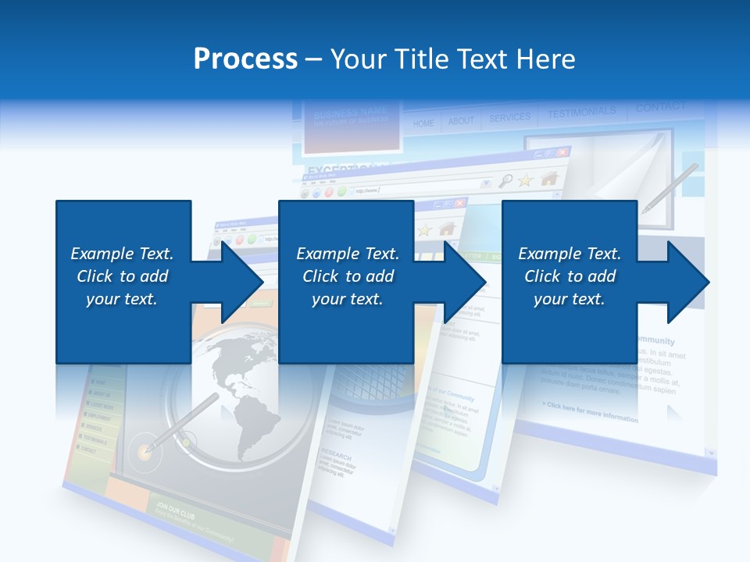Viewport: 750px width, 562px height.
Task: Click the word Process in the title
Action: [x=245, y=59]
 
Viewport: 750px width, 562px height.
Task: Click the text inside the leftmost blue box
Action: [x=123, y=276]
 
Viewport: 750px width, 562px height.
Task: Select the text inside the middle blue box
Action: [x=348, y=276]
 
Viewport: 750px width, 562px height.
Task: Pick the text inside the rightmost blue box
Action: [x=570, y=276]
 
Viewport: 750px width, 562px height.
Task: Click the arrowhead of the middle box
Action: [x=466, y=282]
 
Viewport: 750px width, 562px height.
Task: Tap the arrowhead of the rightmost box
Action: [x=690, y=282]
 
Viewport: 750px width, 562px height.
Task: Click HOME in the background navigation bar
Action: [x=423, y=123]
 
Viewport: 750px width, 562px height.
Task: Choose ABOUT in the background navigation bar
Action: [x=461, y=121]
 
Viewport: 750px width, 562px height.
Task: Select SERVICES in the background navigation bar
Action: [x=509, y=118]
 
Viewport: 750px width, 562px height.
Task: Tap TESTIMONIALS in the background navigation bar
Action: [x=581, y=113]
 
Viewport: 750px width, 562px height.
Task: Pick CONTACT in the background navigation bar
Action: [x=660, y=108]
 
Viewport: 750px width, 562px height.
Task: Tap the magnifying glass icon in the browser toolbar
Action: [x=505, y=181]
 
